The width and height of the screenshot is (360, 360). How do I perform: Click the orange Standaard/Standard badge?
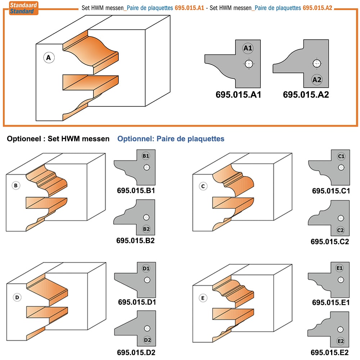point(23,8)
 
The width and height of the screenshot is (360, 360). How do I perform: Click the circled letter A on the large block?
point(49,58)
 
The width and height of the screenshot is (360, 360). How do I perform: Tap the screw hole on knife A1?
point(249,64)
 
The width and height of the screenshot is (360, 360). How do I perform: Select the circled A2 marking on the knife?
point(317,80)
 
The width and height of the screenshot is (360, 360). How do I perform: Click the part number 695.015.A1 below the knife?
point(238,95)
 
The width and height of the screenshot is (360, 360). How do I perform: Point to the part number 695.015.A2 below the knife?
point(306,95)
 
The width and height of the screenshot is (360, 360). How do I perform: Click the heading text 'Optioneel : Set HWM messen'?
point(58,139)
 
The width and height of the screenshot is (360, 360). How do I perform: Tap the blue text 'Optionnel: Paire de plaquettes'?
point(171,139)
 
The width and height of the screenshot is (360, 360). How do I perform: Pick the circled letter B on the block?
point(16,185)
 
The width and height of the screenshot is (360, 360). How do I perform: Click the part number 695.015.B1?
point(136,190)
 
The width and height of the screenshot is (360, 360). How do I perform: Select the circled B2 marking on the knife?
point(146,229)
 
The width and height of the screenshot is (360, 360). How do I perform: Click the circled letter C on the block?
point(203,186)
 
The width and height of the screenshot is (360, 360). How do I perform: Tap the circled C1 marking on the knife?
point(341,156)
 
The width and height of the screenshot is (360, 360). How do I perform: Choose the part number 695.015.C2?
point(330,242)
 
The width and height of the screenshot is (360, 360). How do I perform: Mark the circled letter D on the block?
point(17,298)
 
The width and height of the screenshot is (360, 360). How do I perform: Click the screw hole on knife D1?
point(147,280)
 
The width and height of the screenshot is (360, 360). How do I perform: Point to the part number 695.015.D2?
point(136,352)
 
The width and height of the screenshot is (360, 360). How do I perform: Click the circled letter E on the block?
point(203,298)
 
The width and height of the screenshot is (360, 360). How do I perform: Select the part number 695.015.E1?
point(331,302)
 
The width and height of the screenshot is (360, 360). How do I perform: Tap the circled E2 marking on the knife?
point(341,341)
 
